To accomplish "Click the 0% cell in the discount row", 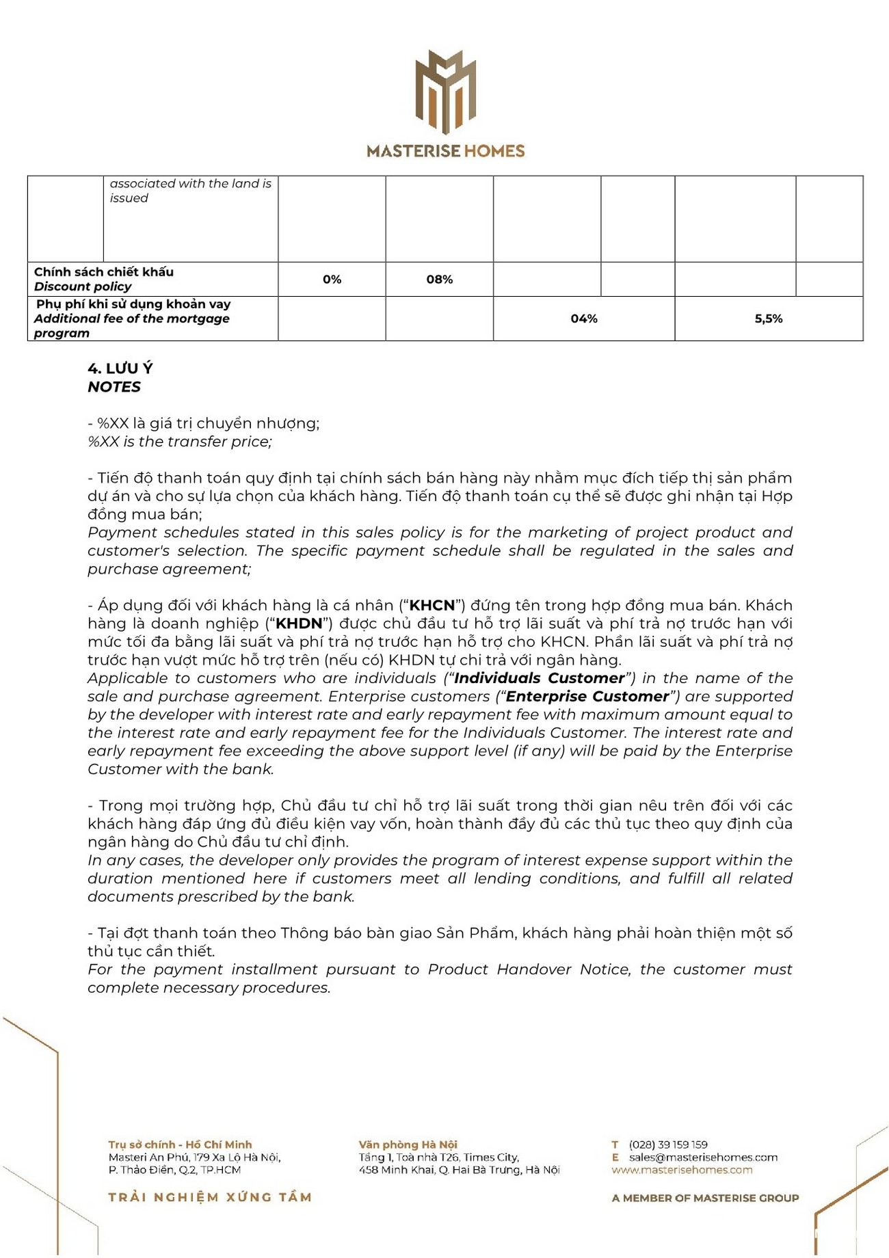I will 332,280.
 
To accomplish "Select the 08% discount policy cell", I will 439,280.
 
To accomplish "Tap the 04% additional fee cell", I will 584,319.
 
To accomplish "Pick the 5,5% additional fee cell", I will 769,319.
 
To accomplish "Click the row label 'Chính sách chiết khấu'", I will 104,272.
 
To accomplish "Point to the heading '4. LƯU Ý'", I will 120,369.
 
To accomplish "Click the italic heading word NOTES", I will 114,387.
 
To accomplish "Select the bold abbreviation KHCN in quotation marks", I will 432,606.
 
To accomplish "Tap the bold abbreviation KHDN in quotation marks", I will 298,624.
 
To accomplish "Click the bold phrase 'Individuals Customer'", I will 539,678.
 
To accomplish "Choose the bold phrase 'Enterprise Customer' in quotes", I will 587,697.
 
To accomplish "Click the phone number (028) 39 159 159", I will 668,1145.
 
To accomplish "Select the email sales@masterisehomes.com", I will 703,1157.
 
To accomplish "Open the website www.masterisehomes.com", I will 682,1170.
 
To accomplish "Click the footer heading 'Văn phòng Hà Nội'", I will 408,1145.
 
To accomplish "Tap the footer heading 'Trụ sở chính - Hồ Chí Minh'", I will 180,1145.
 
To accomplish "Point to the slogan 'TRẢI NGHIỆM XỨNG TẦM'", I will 210,1197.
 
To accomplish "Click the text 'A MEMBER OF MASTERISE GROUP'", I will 705,1198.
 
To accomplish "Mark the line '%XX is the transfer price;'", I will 180,442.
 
